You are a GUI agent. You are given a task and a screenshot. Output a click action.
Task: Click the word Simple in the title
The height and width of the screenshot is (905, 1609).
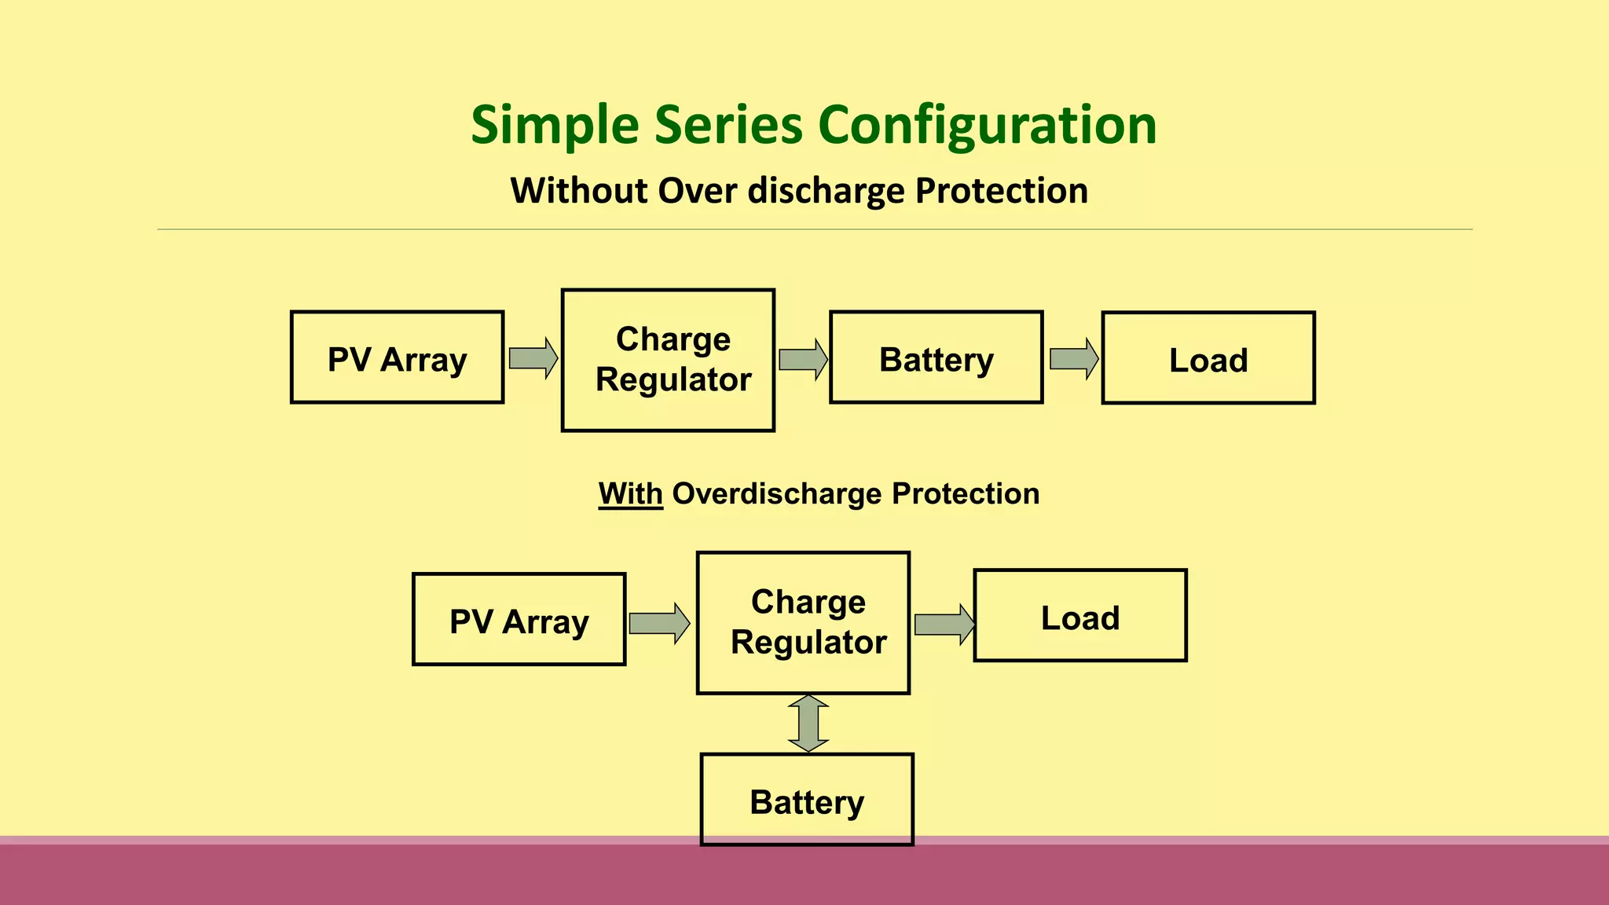555,126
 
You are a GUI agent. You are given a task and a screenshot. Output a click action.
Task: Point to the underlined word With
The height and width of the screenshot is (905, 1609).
630,494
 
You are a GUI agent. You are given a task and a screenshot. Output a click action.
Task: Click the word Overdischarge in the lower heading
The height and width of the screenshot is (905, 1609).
777,494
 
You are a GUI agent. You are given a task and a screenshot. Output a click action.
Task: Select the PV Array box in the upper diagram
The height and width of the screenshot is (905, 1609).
397,357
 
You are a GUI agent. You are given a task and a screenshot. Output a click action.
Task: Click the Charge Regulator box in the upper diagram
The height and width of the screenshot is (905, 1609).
668,360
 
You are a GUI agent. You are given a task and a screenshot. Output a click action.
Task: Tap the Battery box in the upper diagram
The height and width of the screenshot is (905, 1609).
936,357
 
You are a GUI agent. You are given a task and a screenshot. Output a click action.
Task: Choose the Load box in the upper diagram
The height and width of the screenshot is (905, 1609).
1208,358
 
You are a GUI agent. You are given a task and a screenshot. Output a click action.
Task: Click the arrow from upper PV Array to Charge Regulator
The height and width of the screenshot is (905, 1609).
533,358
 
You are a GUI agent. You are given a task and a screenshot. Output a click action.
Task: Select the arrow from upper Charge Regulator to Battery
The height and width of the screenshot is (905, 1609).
802,360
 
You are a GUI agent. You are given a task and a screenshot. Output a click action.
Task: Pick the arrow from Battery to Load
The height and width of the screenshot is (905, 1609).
1073,358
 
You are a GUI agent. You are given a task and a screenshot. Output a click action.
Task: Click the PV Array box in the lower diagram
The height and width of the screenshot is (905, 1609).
519,619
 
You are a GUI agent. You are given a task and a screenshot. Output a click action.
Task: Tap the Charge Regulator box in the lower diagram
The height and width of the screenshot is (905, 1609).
803,622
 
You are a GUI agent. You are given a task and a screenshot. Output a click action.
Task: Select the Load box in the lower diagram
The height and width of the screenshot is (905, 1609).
1080,616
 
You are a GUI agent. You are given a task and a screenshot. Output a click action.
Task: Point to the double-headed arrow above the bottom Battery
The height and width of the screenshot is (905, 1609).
808,724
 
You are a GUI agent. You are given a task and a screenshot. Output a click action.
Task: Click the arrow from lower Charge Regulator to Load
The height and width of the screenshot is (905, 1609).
944,625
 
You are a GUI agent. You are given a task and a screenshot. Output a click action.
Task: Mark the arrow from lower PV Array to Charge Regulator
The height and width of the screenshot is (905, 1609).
659,624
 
